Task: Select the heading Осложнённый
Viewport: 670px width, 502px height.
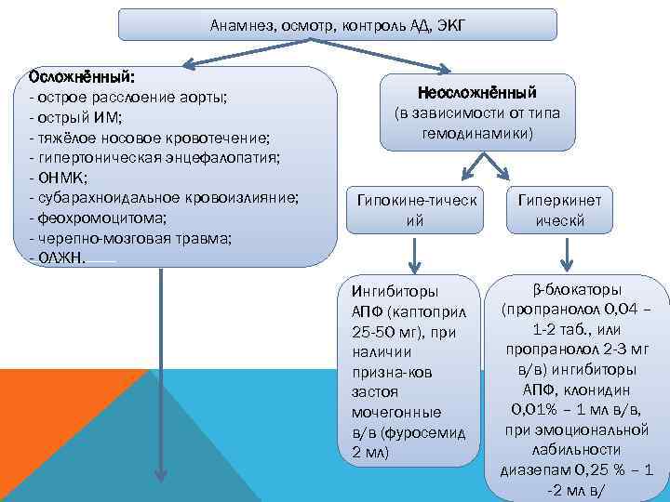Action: [82, 75]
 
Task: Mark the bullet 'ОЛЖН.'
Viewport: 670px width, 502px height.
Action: [58, 258]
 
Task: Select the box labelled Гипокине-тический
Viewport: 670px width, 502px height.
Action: [414, 210]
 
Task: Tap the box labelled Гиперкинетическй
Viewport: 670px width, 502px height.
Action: [559, 210]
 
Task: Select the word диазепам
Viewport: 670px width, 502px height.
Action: [534, 469]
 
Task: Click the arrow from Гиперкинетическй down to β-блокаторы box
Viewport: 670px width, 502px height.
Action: [562, 253]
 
